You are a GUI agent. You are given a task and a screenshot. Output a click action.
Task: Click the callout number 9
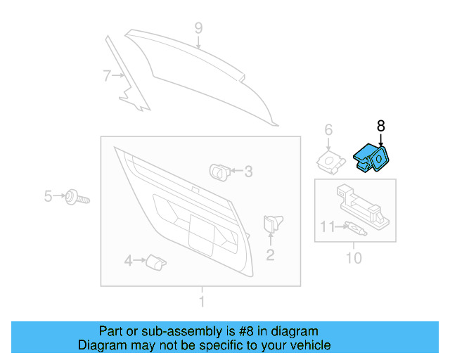(x=198, y=28)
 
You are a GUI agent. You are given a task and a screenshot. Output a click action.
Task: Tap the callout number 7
(x=106, y=76)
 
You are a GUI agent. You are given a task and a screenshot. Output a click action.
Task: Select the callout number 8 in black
(x=381, y=126)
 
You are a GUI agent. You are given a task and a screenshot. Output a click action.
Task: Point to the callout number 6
(x=328, y=129)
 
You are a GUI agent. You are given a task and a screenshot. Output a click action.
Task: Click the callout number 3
(x=247, y=171)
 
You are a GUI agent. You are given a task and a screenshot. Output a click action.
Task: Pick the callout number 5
(x=48, y=196)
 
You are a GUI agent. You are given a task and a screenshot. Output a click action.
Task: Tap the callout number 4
(x=128, y=262)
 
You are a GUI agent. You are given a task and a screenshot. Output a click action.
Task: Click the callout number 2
(x=270, y=255)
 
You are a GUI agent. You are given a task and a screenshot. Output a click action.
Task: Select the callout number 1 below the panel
(x=202, y=302)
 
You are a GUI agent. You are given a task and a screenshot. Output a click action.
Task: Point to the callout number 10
(x=354, y=258)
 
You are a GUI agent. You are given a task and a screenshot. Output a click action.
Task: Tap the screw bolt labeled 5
(x=74, y=197)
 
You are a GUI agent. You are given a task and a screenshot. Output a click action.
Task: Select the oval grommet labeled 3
(x=219, y=170)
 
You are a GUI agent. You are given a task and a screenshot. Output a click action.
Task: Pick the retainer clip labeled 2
(x=271, y=224)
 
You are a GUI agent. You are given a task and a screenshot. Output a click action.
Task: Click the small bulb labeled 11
(x=354, y=228)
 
